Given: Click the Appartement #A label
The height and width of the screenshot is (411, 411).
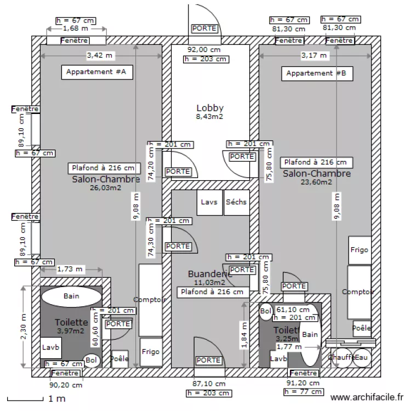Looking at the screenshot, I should (x=96, y=72).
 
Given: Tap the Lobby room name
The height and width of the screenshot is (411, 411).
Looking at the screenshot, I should (x=210, y=108).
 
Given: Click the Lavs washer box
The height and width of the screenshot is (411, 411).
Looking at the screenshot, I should (x=209, y=202).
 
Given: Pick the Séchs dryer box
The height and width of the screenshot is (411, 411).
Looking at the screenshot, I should (x=236, y=202).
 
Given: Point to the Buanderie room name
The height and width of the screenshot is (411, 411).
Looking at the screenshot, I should (x=210, y=274).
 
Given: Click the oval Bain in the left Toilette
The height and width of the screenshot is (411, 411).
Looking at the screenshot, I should (x=71, y=296).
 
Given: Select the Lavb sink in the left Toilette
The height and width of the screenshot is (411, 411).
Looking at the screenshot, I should (x=51, y=348).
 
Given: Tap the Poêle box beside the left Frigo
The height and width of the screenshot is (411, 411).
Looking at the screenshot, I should (x=119, y=359).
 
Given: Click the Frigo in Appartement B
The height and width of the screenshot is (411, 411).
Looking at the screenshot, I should (x=360, y=250).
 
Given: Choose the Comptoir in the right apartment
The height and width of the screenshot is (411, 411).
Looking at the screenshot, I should (x=359, y=292).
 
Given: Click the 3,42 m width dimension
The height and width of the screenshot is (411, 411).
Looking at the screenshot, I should (x=101, y=55).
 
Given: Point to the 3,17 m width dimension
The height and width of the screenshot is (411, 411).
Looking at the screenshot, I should (x=315, y=55).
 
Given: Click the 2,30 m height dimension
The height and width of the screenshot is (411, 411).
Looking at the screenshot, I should (x=22, y=327).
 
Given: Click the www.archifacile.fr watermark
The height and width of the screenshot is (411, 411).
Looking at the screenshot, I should (x=367, y=398).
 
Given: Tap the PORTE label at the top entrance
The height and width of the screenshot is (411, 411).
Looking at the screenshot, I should (x=204, y=28).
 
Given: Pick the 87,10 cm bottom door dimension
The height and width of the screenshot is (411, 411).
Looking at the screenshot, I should (x=208, y=384).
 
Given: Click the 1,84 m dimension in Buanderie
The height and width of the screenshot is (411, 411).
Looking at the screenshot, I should (x=243, y=335).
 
